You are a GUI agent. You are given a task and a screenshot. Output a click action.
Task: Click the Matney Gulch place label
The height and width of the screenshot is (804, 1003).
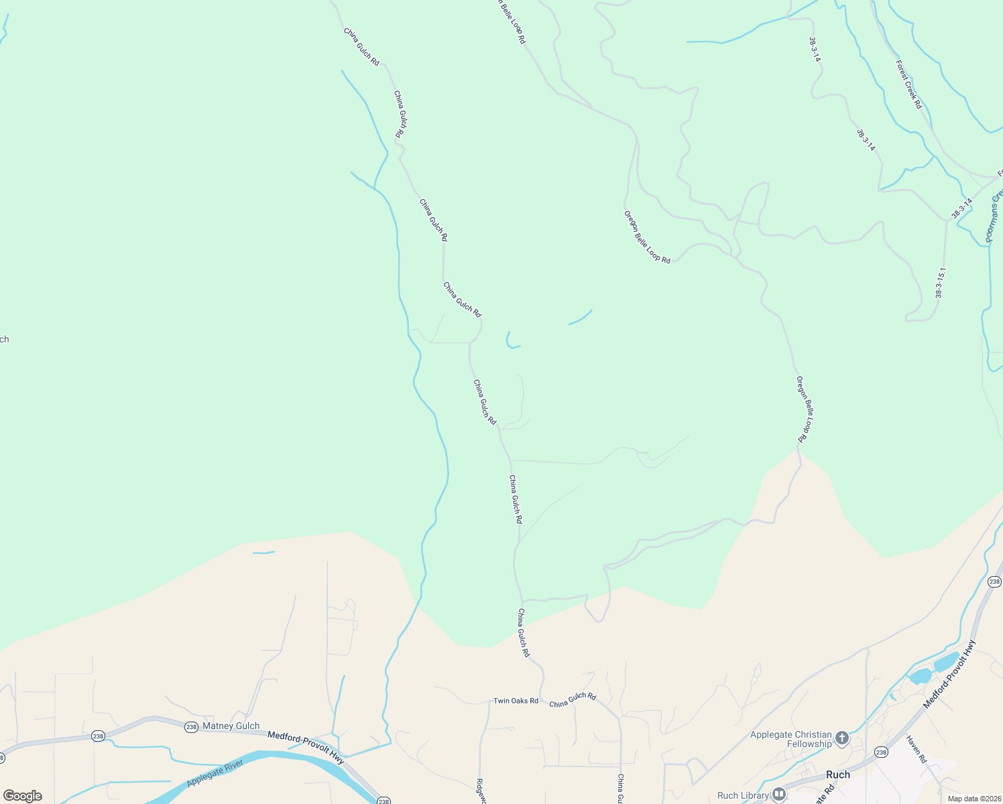231,726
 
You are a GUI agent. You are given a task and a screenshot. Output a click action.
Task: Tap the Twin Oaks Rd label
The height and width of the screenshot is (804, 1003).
516,701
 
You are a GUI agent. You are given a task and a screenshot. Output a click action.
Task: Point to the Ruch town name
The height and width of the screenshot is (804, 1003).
838,775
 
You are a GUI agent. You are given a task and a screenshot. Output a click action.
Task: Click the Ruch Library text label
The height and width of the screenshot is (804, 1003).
743,795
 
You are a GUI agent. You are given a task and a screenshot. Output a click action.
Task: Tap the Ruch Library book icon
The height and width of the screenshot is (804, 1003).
778,795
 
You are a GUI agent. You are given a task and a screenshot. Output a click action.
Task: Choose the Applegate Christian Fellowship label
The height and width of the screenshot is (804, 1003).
790,739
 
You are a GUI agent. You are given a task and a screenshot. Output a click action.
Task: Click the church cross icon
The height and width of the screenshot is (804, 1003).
843,738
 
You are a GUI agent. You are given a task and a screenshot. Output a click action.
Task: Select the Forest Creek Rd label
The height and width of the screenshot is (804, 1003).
909,84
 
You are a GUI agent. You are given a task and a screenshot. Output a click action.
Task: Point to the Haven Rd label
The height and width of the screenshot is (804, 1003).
917,749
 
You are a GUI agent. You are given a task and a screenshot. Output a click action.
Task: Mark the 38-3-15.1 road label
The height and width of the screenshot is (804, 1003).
941,283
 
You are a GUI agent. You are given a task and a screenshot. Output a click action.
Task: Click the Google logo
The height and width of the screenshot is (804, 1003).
22,796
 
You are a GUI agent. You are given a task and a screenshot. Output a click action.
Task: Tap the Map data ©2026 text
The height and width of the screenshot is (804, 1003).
974,799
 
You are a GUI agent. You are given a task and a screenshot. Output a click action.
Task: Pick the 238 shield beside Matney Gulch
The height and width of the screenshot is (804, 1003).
191,727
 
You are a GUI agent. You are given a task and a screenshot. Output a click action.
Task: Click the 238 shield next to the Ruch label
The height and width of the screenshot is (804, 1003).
881,752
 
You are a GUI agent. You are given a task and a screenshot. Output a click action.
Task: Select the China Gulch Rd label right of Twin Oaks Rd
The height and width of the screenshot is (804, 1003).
573,700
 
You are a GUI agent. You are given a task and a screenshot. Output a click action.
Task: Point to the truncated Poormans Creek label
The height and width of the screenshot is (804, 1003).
993,214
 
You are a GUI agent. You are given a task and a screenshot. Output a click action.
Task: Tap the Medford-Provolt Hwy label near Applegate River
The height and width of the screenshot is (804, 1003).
306,747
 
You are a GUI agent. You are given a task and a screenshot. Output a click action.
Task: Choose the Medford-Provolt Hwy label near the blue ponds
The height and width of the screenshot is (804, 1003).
949,674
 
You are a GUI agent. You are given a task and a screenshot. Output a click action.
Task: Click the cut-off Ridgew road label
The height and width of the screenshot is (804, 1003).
480,791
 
